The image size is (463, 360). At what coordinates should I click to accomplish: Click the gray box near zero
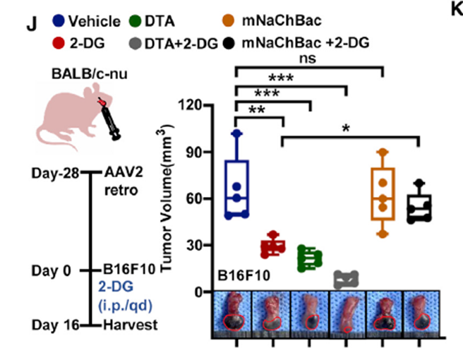click(346, 280)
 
